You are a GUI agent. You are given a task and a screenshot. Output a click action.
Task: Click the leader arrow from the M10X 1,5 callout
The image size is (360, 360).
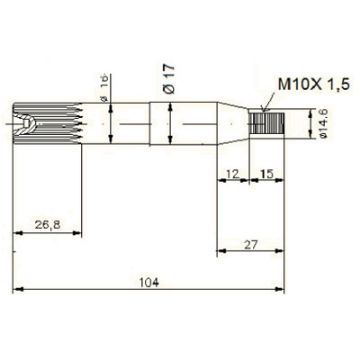click(265, 104)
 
